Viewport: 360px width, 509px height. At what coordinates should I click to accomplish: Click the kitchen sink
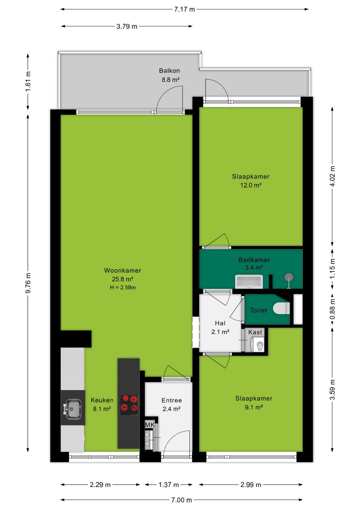(73, 409)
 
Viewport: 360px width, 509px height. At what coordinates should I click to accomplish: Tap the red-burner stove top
(129, 405)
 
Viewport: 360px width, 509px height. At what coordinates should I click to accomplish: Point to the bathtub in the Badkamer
(249, 282)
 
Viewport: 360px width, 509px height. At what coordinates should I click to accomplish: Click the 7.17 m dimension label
(184, 9)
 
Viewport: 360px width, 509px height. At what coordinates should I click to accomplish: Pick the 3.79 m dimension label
(127, 26)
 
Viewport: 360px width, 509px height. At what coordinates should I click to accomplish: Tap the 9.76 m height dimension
(28, 283)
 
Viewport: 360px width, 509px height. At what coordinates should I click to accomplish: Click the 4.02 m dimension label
(332, 176)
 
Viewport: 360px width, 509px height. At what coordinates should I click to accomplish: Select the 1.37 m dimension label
(169, 485)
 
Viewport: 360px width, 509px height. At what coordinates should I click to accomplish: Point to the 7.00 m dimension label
(181, 500)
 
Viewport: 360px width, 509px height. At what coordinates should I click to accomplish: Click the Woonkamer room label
(123, 271)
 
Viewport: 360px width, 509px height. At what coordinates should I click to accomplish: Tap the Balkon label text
(169, 71)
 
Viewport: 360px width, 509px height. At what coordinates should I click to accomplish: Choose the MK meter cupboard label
(150, 425)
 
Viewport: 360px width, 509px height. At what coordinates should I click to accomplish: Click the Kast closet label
(255, 332)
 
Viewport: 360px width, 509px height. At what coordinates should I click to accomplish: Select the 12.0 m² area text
(251, 185)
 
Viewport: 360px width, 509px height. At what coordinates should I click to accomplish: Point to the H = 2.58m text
(123, 288)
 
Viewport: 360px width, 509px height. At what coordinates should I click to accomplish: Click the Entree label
(172, 400)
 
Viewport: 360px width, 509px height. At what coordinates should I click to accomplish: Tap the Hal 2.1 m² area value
(220, 332)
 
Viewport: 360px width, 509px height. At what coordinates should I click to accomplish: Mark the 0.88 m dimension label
(332, 309)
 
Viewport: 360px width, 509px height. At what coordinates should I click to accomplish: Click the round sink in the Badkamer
(289, 278)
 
